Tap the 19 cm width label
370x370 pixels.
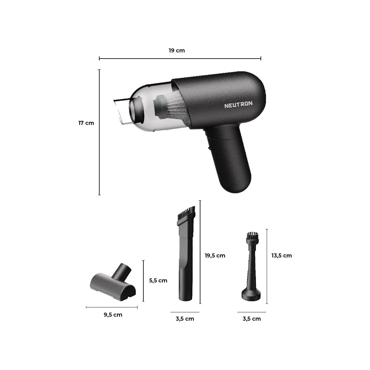[177, 51]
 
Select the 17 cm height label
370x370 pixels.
[86, 123]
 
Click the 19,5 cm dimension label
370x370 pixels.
[215, 256]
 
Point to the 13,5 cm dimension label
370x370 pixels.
[282, 256]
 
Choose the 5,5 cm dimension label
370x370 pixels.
[158, 281]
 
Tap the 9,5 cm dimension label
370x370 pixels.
[113, 315]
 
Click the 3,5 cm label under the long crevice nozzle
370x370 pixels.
[185, 319]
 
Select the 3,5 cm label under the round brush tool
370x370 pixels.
[252, 319]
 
